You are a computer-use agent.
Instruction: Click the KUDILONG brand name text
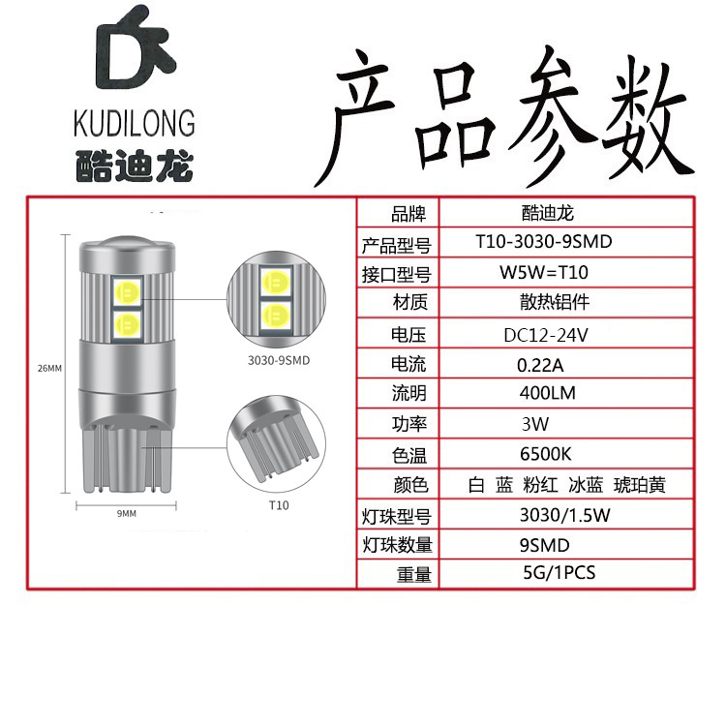[x=134, y=123]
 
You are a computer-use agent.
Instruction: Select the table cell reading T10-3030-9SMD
[x=544, y=242]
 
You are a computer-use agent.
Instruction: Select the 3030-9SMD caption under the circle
[x=273, y=364]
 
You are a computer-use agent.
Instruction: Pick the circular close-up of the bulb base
[x=273, y=444]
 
